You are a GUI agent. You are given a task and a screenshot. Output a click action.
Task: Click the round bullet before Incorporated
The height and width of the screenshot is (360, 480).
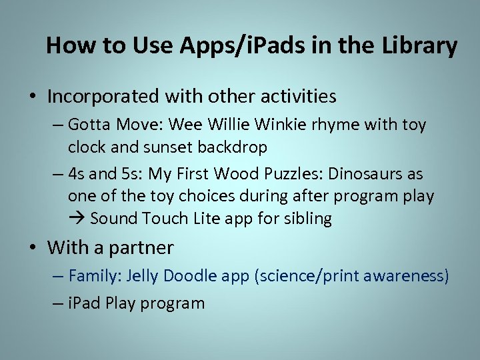pyautogui.click(x=32, y=97)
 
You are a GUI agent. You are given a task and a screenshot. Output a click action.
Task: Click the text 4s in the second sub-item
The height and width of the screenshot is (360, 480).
pyautogui.click(x=76, y=174)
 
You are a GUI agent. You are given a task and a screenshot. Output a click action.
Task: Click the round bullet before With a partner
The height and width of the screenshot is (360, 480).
pyautogui.click(x=32, y=249)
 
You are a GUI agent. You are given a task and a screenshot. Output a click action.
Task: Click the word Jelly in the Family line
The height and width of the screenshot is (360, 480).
pyautogui.click(x=142, y=276)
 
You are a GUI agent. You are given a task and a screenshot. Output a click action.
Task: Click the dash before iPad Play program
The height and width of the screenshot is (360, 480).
pyautogui.click(x=57, y=303)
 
